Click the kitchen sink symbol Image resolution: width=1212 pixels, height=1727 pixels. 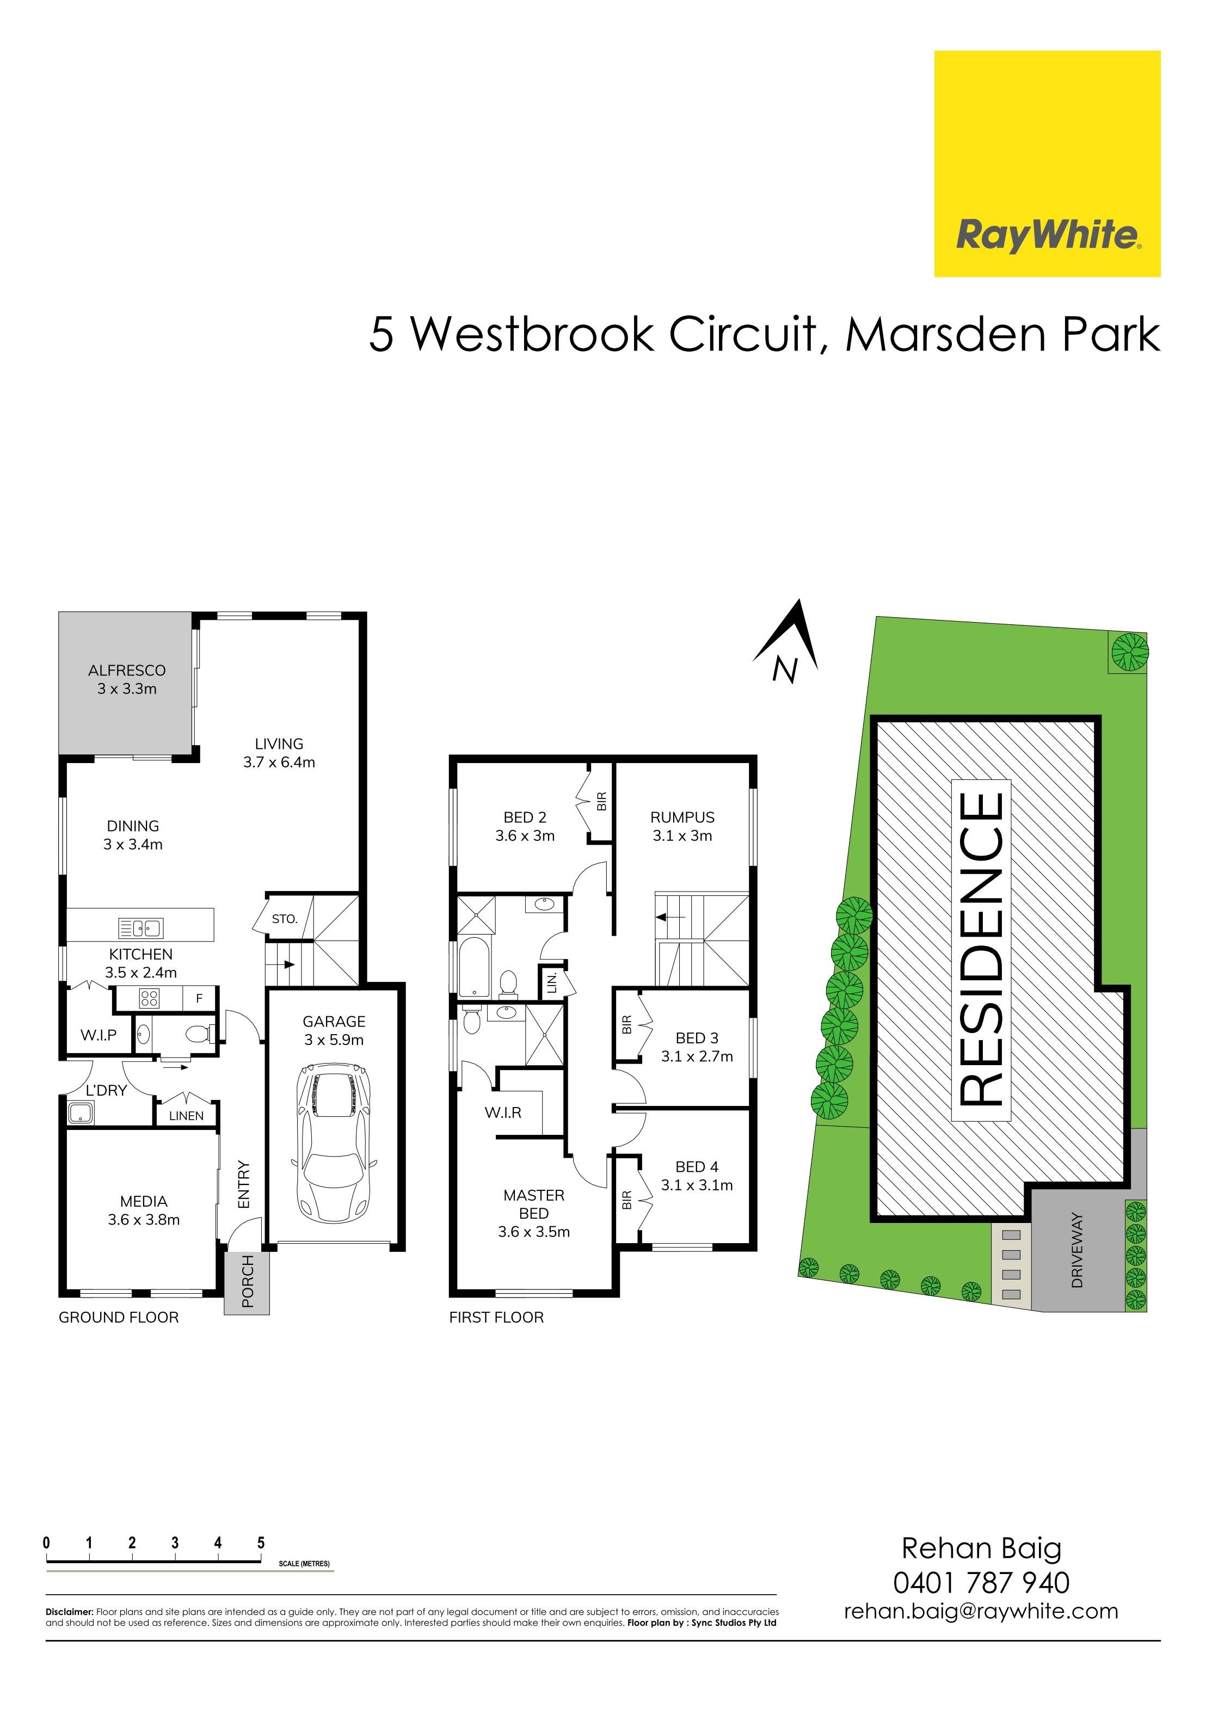[x=141, y=928]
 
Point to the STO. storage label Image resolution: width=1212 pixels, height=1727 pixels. [x=285, y=918]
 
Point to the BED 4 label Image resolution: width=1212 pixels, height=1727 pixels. [x=697, y=1166]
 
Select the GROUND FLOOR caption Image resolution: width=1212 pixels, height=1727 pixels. [x=119, y=1317]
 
